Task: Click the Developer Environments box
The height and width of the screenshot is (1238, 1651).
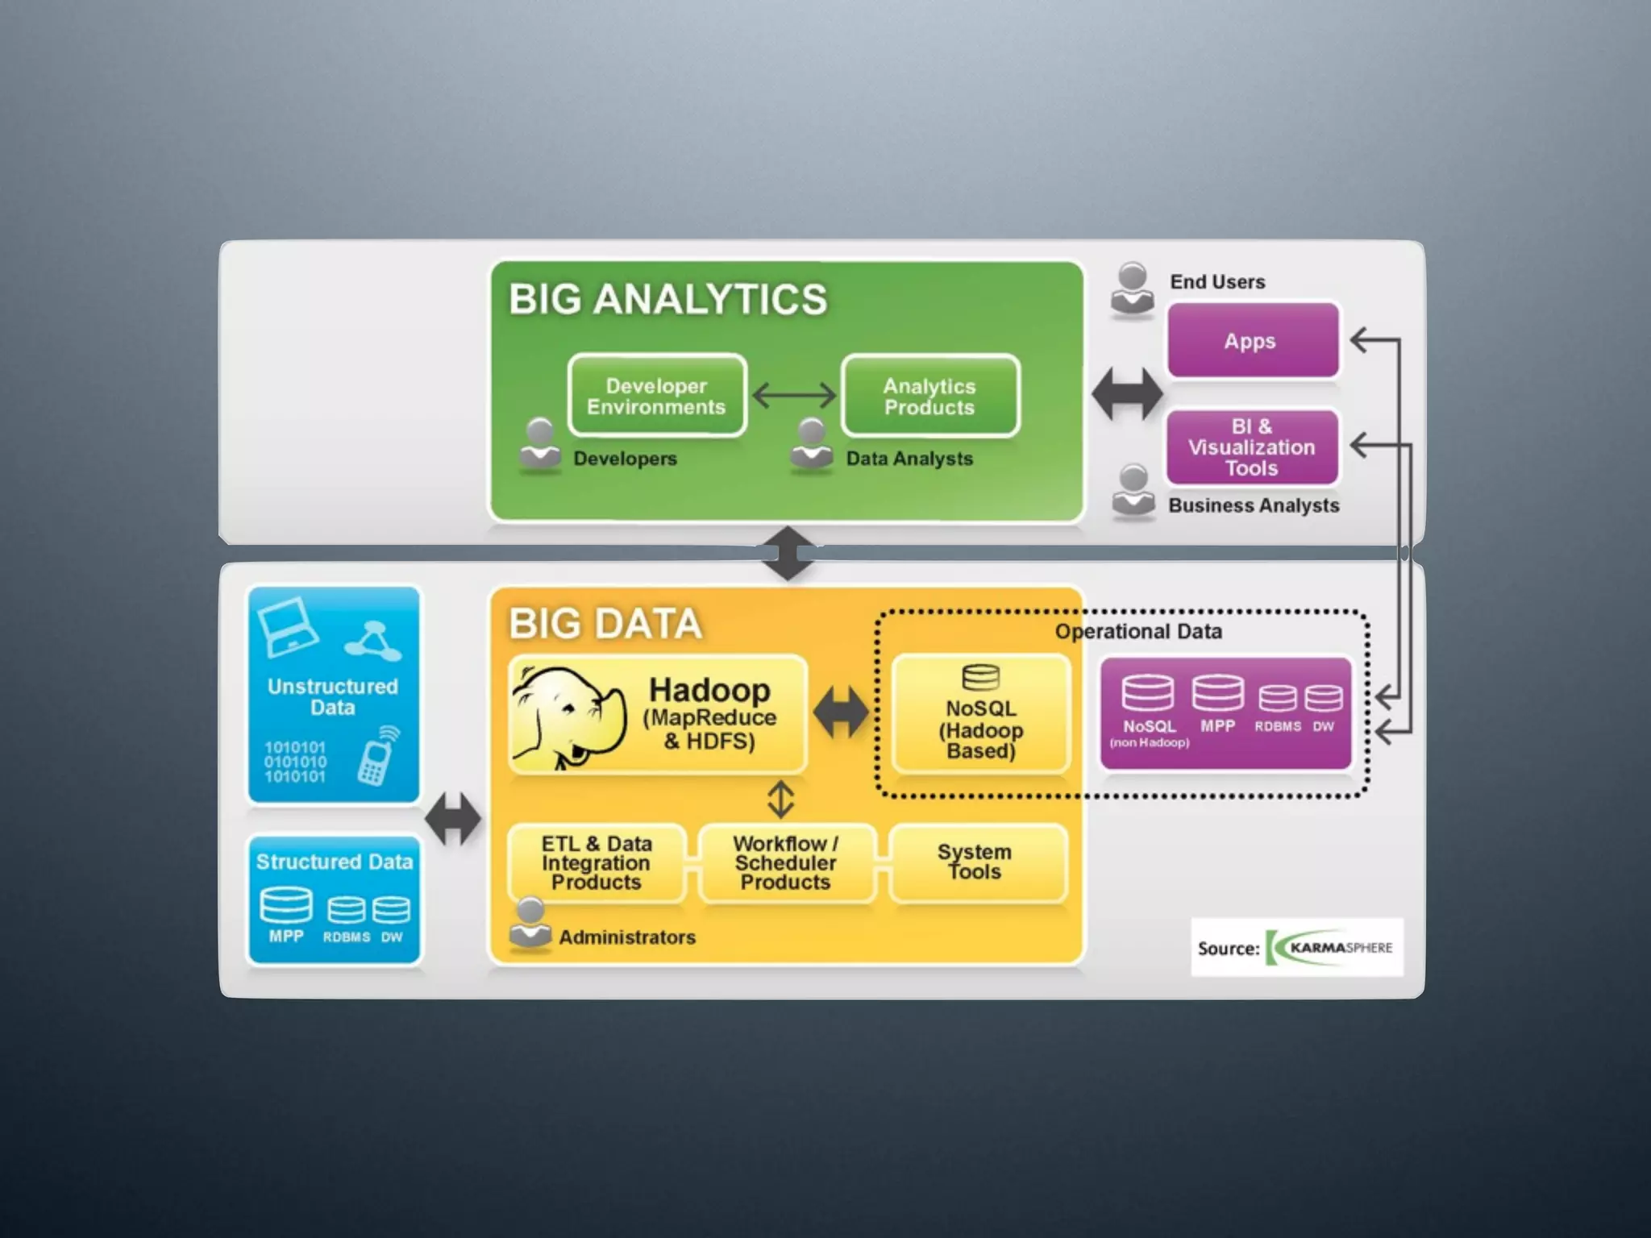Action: coord(656,396)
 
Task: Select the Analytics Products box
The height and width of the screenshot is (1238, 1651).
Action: coord(929,396)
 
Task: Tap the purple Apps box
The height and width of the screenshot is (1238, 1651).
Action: coord(1252,340)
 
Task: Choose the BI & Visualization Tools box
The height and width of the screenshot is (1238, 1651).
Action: coord(1251,447)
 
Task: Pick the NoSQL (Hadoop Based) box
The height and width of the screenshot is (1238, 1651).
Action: coord(981,715)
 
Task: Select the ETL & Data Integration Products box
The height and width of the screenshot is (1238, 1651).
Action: coord(597,863)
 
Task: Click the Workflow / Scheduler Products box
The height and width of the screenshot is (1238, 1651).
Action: coord(786,863)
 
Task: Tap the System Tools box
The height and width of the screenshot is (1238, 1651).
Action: coord(976,862)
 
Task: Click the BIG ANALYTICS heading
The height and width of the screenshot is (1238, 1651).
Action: coord(667,299)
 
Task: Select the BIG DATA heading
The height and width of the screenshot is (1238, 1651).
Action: coord(605,624)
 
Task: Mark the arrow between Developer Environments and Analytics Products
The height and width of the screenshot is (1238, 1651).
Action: coord(794,396)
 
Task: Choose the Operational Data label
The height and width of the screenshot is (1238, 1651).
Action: coord(1138,631)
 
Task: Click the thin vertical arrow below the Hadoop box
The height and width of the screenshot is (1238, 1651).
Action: coord(780,800)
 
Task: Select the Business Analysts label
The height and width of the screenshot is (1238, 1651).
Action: coord(1254,505)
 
